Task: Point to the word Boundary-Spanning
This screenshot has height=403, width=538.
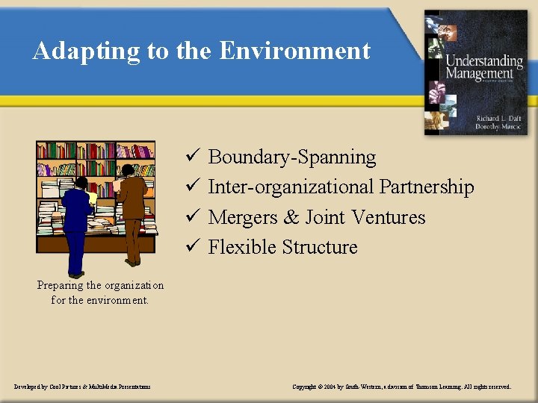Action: (x=292, y=157)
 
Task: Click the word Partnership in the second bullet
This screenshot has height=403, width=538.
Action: (x=426, y=187)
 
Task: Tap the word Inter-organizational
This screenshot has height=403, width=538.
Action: (x=291, y=187)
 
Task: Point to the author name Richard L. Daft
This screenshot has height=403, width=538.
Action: (x=500, y=117)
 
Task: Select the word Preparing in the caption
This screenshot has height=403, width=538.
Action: (x=60, y=286)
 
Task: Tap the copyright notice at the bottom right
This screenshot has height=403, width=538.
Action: (x=402, y=387)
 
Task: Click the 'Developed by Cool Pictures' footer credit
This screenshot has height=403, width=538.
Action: (x=82, y=387)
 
